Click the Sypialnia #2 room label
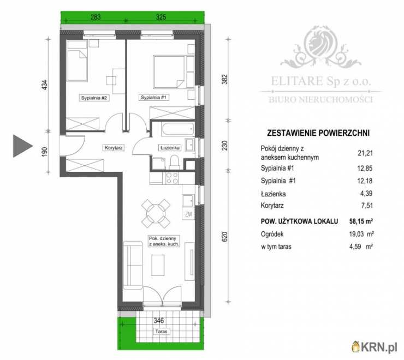click(x=94, y=98)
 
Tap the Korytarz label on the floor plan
click(x=114, y=148)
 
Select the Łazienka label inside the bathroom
click(x=170, y=148)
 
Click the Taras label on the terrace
click(x=161, y=332)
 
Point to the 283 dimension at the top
click(x=96, y=17)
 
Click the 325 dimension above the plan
click(x=161, y=17)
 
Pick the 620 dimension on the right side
click(x=225, y=237)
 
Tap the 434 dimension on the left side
click(x=45, y=85)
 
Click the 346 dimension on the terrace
click(x=159, y=321)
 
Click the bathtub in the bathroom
click(x=178, y=129)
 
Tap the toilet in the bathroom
click(x=175, y=162)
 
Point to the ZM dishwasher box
click(x=188, y=214)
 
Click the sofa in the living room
click(x=133, y=265)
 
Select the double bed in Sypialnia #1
click(x=169, y=72)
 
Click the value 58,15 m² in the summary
click(x=361, y=221)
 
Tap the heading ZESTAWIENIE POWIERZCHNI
click(x=318, y=133)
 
